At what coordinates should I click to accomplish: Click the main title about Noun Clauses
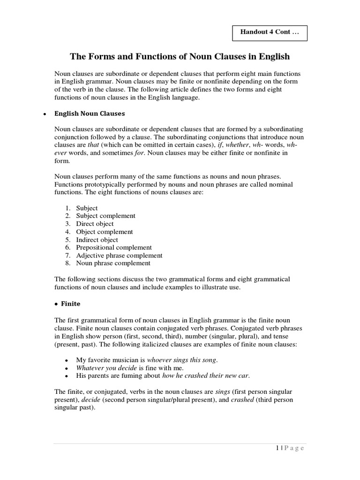[180, 57]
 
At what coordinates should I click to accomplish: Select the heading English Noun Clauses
[90, 113]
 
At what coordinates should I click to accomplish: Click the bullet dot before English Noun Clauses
[44, 114]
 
